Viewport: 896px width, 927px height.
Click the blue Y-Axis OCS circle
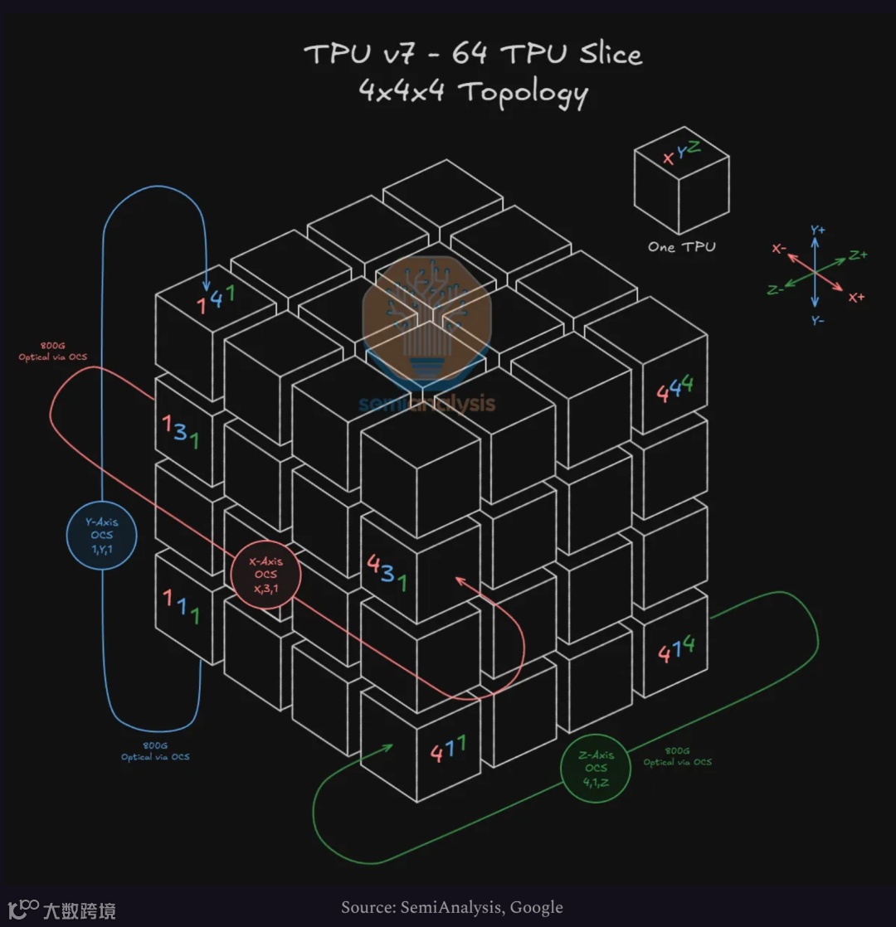pyautogui.click(x=102, y=536)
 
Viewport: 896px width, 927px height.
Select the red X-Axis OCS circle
pyautogui.click(x=266, y=575)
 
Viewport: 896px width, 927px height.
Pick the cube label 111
pyautogui.click(x=182, y=607)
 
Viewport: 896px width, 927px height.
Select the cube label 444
pyautogui.click(x=674, y=389)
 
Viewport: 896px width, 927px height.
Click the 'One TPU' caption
pyautogui.click(x=681, y=246)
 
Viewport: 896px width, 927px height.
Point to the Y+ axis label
pyautogui.click(x=817, y=230)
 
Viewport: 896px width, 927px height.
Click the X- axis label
pyautogui.click(x=779, y=248)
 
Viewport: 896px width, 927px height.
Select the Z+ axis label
pyautogui.click(x=858, y=255)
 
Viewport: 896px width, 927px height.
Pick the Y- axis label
pyautogui.click(x=817, y=319)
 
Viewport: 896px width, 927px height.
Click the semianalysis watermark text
pyautogui.click(x=426, y=404)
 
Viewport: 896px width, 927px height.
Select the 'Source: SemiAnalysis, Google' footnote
pyautogui.click(x=452, y=908)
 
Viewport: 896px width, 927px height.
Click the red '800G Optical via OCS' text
pyautogui.click(x=52, y=352)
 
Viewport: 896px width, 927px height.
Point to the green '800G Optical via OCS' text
pyautogui.click(x=677, y=756)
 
